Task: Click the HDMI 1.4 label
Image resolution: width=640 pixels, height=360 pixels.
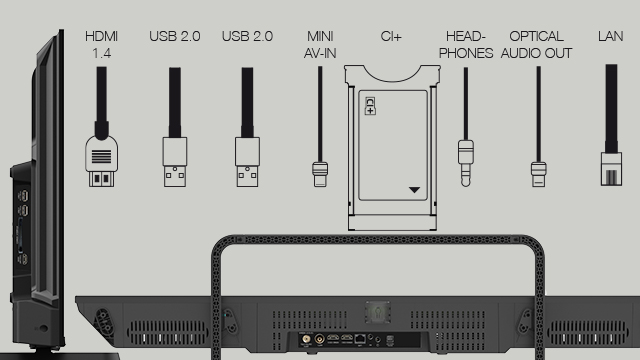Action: [102, 44]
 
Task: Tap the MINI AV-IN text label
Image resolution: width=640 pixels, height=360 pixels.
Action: [320, 44]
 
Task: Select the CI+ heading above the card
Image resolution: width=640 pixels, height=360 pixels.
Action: [391, 36]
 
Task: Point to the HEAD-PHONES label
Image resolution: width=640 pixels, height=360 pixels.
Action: [466, 44]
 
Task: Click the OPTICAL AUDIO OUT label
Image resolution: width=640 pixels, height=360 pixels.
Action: [536, 44]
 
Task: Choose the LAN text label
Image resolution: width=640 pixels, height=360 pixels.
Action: [611, 36]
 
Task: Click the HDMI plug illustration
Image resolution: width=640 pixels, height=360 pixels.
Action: [102, 161]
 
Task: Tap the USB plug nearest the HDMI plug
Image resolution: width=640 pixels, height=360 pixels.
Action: [175, 162]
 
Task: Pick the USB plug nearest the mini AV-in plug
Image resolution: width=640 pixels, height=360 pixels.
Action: [247, 162]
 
